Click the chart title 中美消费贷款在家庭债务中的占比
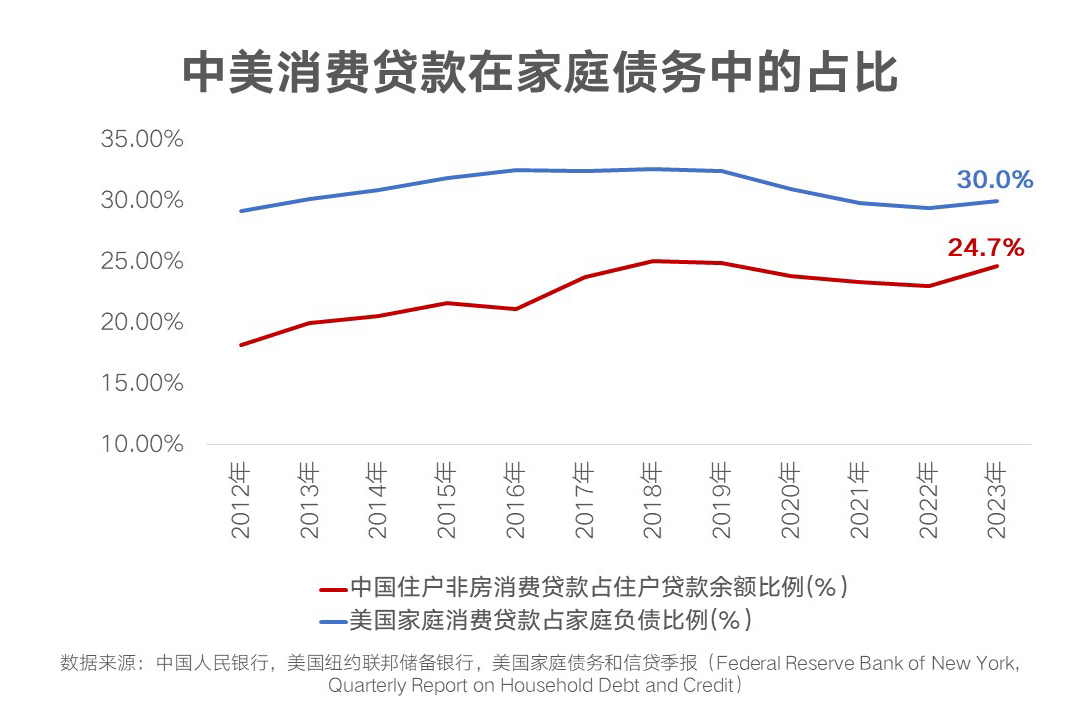click(540, 73)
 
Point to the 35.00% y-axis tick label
click(142, 139)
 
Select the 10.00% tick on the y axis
click(142, 444)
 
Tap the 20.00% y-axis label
click(142, 322)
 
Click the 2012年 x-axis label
click(241, 500)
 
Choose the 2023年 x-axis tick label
click(997, 500)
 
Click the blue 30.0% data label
click(994, 180)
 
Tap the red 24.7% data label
click(986, 248)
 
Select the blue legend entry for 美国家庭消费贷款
click(549, 620)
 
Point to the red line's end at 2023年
click(997, 265)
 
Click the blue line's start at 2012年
click(241, 211)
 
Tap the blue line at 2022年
click(928, 208)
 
